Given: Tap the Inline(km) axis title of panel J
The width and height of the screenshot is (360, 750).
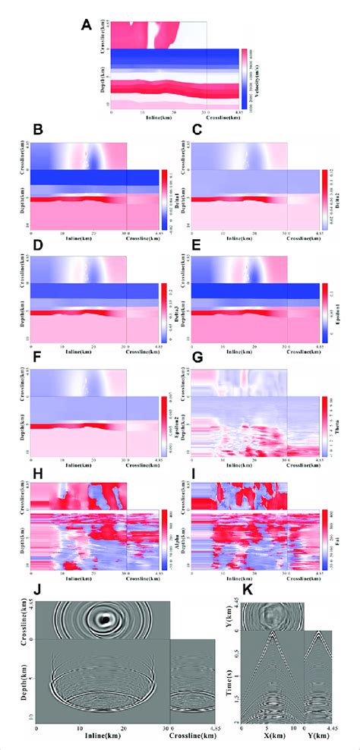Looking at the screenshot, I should [x=105, y=741].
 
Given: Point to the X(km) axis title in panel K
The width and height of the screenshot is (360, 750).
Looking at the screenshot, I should [x=276, y=741].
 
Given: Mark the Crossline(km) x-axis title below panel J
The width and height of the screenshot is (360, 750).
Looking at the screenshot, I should [x=191, y=741].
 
